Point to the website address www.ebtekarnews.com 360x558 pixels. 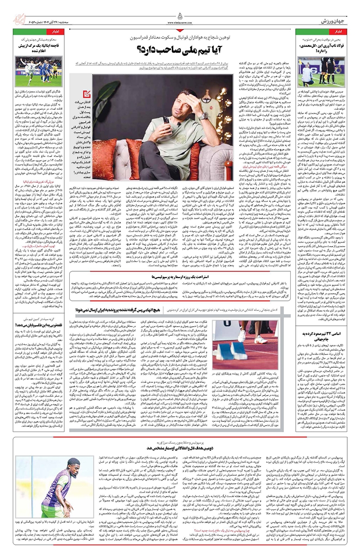180,20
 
